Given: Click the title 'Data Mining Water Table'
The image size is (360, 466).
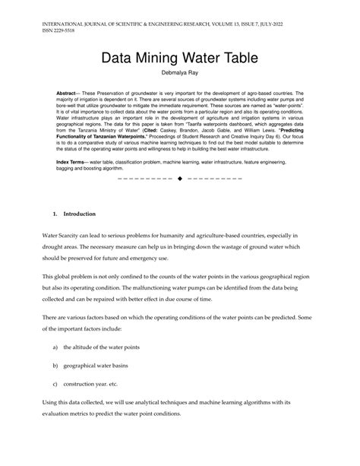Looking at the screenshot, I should [180, 57].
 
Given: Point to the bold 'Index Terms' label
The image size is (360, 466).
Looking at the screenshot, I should [73, 163].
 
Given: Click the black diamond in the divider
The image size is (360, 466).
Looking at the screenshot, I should [180, 179].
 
